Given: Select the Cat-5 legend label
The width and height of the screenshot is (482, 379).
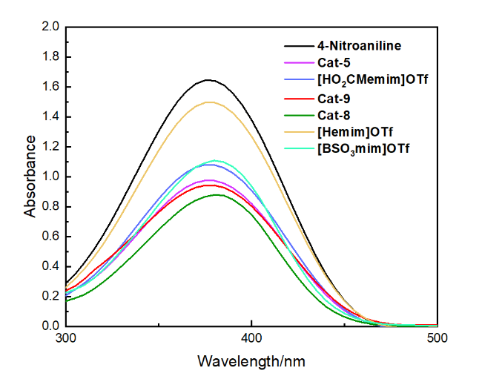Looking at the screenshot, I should pos(334,63).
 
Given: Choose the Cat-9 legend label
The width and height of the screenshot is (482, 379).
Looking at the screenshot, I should pos(334,97).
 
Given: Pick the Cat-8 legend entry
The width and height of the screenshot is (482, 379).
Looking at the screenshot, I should pos(334,114).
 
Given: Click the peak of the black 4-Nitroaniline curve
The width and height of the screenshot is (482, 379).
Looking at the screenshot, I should pos(208,79).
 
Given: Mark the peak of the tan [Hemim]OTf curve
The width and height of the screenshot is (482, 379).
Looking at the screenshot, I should pos(209,102).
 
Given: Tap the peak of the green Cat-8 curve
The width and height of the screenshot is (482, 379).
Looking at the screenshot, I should pos(217,194).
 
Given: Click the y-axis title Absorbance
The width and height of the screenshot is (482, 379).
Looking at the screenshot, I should pos(30,176).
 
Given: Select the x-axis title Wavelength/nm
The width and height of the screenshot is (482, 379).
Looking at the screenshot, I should pos(251,362).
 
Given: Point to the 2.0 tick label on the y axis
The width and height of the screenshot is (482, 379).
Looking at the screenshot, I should pos(50,27).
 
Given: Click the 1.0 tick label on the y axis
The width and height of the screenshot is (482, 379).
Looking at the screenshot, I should pos(50,177).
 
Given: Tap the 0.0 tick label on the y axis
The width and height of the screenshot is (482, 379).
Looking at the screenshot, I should pos(50,326).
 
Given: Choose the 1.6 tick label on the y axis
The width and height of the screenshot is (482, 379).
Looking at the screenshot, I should pos(50,87).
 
